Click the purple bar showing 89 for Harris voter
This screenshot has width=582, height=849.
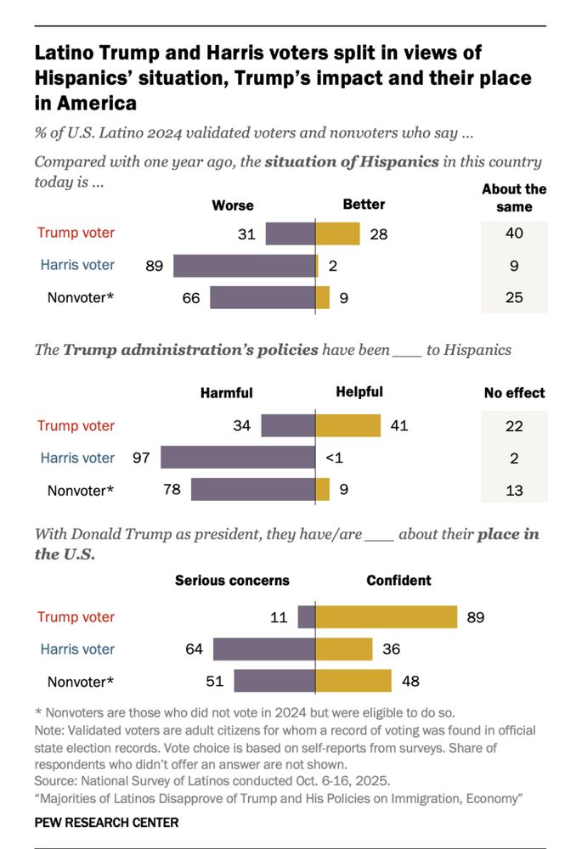[x=244, y=265]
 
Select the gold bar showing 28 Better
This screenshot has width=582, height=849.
[x=337, y=233]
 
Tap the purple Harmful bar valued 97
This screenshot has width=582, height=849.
[x=238, y=458]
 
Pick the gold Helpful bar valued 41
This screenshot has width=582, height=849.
[x=348, y=426]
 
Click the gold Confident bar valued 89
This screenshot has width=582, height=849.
[x=387, y=617]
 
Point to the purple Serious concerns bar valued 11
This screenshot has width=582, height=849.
[x=307, y=617]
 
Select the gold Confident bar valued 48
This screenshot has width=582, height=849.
[x=353, y=681]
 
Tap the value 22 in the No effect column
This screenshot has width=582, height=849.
[x=513, y=426]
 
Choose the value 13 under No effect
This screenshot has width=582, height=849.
[x=513, y=490]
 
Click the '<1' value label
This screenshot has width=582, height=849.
[x=335, y=458]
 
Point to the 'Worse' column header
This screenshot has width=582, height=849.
[x=233, y=205]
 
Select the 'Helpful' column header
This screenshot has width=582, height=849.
[x=359, y=392]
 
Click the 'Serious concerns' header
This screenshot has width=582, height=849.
[x=232, y=581]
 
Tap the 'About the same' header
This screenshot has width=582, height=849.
[x=514, y=198]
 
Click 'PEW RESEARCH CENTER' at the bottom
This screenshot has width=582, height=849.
[x=106, y=823]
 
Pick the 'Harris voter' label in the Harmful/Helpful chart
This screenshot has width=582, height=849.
[x=77, y=458]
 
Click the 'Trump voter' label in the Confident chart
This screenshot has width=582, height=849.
[x=76, y=617]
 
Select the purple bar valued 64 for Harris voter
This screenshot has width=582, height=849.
[x=264, y=649]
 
